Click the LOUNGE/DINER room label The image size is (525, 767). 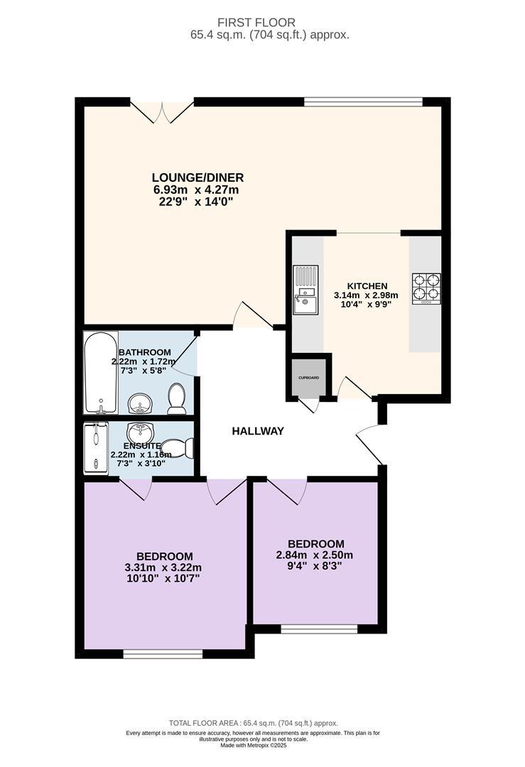(x=197, y=178)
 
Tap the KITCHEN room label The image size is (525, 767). (x=367, y=285)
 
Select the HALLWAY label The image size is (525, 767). (x=258, y=432)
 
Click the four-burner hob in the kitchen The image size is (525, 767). (x=426, y=289)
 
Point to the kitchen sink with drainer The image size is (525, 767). (x=305, y=289)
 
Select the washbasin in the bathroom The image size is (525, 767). (x=141, y=403)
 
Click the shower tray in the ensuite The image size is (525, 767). (x=95, y=449)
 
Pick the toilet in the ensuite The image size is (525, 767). (x=178, y=448)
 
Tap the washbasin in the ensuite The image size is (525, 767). (x=140, y=432)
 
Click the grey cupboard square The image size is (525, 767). (x=309, y=378)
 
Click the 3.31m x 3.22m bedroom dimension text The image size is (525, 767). (x=163, y=568)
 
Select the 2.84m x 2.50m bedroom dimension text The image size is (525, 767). (x=315, y=555)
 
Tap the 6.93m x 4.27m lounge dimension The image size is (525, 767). (x=196, y=190)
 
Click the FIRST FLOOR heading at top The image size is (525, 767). (x=256, y=23)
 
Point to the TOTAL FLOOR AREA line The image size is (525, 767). (x=254, y=723)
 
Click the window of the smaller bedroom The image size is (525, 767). (x=319, y=629)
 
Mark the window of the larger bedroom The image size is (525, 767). (x=163, y=654)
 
